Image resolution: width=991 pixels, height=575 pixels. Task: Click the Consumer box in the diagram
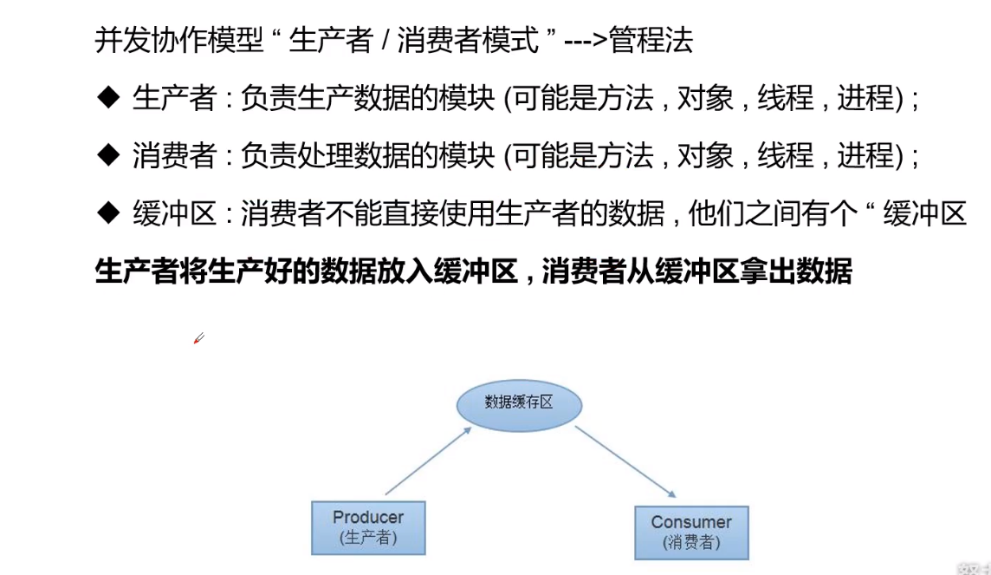[691, 532]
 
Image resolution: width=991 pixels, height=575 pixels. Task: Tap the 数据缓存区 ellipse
[519, 402]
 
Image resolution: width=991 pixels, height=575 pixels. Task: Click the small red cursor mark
[198, 338]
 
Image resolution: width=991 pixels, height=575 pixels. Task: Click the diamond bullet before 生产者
[107, 98]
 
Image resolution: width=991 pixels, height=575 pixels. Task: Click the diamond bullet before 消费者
[107, 155]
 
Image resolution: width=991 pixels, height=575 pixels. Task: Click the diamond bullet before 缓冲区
[107, 212]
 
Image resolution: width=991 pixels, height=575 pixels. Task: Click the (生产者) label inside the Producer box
[368, 538]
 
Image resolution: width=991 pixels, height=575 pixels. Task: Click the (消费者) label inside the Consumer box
[691, 543]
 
